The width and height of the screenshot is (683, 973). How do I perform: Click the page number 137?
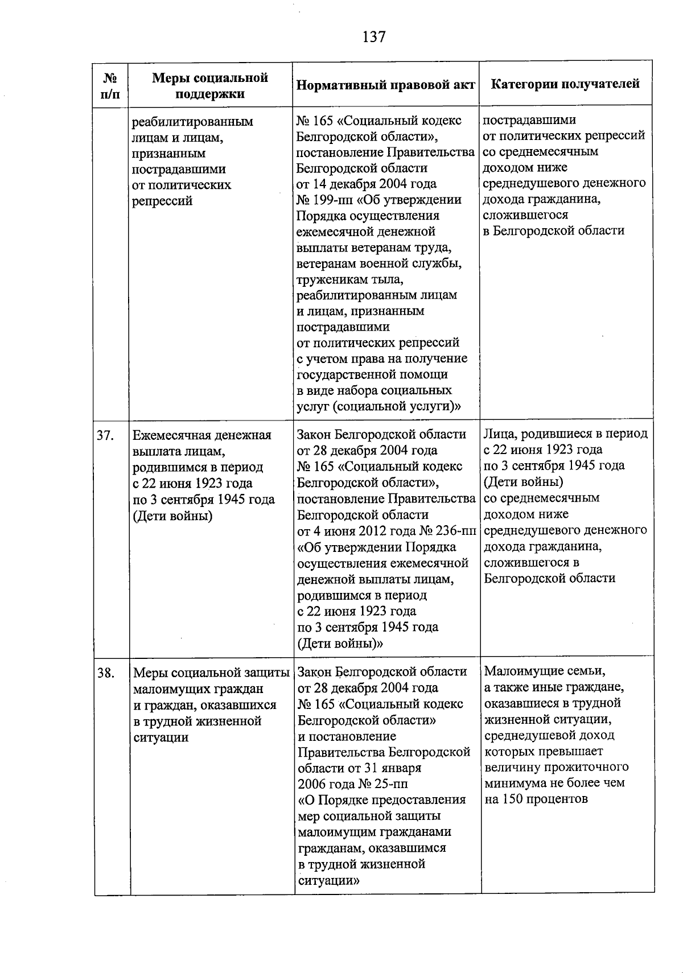pos(374,38)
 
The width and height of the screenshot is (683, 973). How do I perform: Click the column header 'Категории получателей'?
pos(565,84)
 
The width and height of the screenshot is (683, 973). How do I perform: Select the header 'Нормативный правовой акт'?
pos(386,85)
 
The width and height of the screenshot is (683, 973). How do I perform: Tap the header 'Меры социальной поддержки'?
pos(210,85)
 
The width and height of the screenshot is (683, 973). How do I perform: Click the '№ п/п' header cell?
pos(111,85)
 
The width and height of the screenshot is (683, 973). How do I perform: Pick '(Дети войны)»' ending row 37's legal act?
pos(340,644)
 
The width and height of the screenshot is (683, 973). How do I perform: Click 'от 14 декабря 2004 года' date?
pos(367,184)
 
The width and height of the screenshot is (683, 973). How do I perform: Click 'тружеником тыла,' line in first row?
pos(350,280)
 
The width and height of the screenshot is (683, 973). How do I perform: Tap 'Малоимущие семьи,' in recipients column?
pos(544,671)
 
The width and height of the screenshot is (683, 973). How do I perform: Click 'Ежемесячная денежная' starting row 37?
pos(201,436)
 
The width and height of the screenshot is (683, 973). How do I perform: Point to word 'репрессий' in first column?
pos(162,201)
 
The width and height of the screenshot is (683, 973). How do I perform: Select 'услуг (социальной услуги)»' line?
pos(378,407)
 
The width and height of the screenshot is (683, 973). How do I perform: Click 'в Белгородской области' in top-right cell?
pos(553,231)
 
